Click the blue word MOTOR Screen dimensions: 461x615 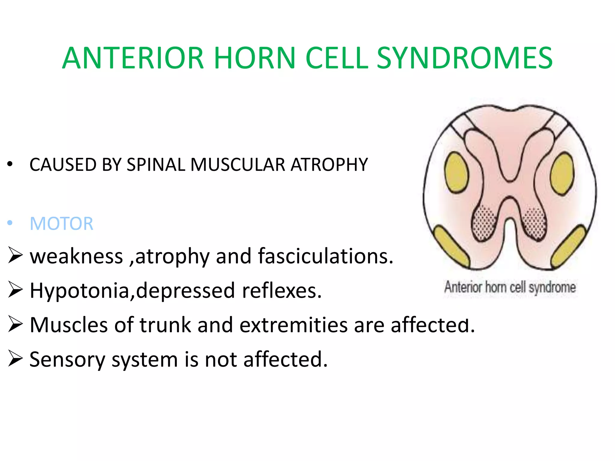[62, 224]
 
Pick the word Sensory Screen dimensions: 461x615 [67, 360]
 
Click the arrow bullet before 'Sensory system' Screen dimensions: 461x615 [15, 358]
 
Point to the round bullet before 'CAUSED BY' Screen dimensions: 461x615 [10, 164]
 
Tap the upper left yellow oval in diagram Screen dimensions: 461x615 [456, 172]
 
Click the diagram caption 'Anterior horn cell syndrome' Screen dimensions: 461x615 [510, 287]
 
